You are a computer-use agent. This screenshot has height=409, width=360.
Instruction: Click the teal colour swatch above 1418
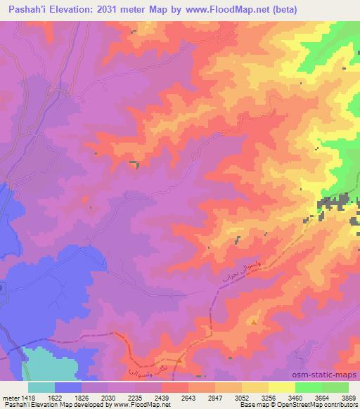[x=41, y=387]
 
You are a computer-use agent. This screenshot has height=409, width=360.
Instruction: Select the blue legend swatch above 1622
[x=68, y=387]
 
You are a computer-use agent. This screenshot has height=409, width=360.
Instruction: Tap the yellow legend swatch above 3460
[x=282, y=387]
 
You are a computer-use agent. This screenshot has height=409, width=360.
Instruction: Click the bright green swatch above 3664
[x=309, y=387]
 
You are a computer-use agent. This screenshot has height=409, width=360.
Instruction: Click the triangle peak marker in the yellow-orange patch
[x=254, y=321]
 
